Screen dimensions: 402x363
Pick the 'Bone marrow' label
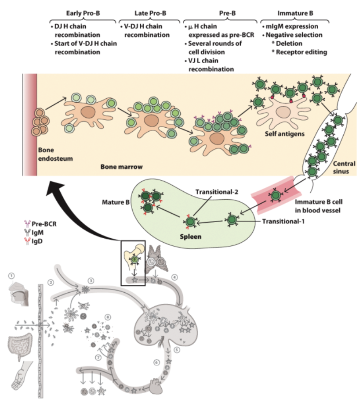pos(119,167)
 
